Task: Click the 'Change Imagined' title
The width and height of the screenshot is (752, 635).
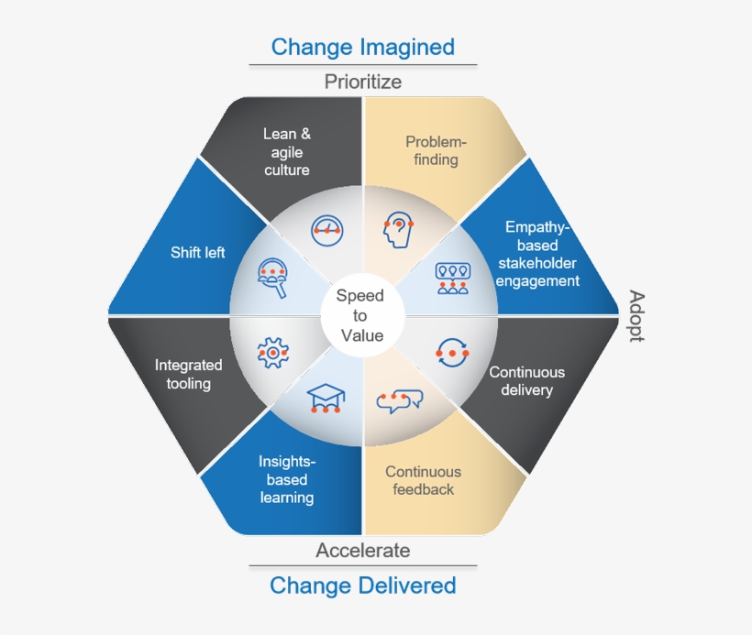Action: [x=362, y=47]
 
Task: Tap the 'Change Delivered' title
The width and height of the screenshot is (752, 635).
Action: [x=362, y=585]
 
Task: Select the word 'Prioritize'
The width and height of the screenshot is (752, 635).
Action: [x=362, y=82]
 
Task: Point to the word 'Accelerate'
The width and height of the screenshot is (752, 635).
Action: [x=362, y=550]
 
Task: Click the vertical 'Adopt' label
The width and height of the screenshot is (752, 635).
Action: [x=636, y=316]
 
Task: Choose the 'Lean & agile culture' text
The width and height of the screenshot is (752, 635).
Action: [x=286, y=151]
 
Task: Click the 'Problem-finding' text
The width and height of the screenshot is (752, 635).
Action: [x=436, y=151]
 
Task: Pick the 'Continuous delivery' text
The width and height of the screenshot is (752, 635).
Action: [x=526, y=381]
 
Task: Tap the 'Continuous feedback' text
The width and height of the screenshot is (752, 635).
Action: [x=423, y=480]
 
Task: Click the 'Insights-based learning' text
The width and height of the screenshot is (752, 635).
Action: [x=286, y=480]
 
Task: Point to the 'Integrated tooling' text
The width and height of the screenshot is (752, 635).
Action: [x=188, y=374]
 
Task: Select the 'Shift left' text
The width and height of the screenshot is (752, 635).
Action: [x=197, y=252]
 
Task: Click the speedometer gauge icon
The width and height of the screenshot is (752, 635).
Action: [x=326, y=229]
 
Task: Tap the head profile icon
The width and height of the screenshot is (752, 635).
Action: [x=398, y=229]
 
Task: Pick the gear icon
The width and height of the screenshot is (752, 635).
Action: [x=272, y=352]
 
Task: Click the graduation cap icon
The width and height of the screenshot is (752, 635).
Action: [x=325, y=399]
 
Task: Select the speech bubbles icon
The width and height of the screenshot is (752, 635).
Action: [x=400, y=399]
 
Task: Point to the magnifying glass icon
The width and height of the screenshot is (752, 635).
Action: [x=273, y=277]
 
